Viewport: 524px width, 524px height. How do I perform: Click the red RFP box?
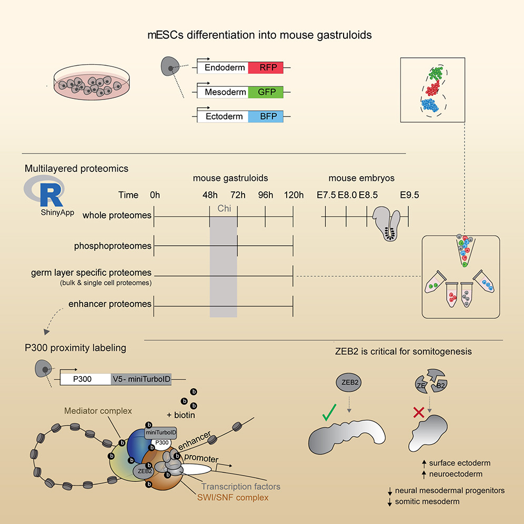click(266, 68)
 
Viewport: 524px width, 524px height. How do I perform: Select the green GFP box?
click(266, 92)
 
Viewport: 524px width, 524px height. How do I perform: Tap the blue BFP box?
click(266, 116)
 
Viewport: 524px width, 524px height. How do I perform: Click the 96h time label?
click(265, 195)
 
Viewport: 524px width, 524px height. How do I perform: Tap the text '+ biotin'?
click(180, 415)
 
